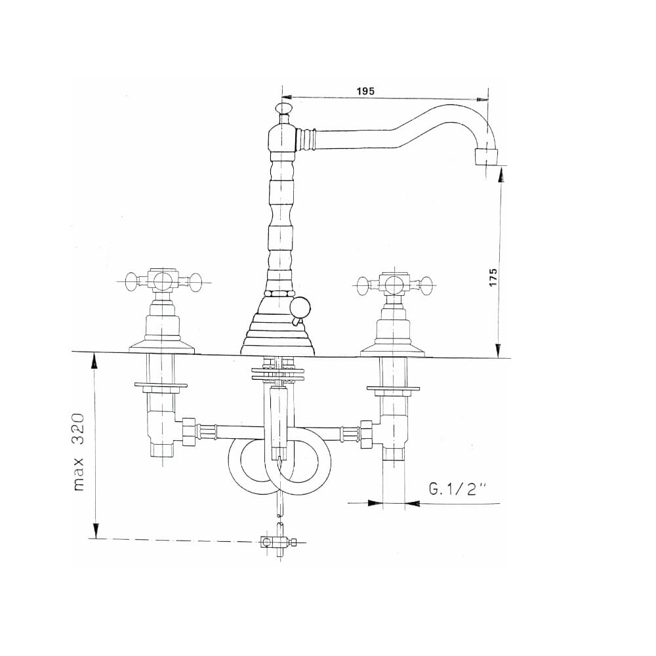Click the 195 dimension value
pyautogui.click(x=365, y=91)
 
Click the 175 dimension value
pyautogui.click(x=493, y=277)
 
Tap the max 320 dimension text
pyautogui.click(x=78, y=452)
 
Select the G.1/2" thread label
pyautogui.click(x=458, y=489)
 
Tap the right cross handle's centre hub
pyautogui.click(x=392, y=284)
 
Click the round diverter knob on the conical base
pyautogui.click(x=300, y=308)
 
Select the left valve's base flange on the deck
pyautogui.click(x=162, y=347)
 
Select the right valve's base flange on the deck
pyautogui.click(x=393, y=350)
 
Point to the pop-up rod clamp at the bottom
pyautogui.click(x=277, y=543)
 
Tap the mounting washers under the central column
pyautogui.click(x=277, y=374)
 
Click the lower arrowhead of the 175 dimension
pyautogui.click(x=498, y=350)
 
